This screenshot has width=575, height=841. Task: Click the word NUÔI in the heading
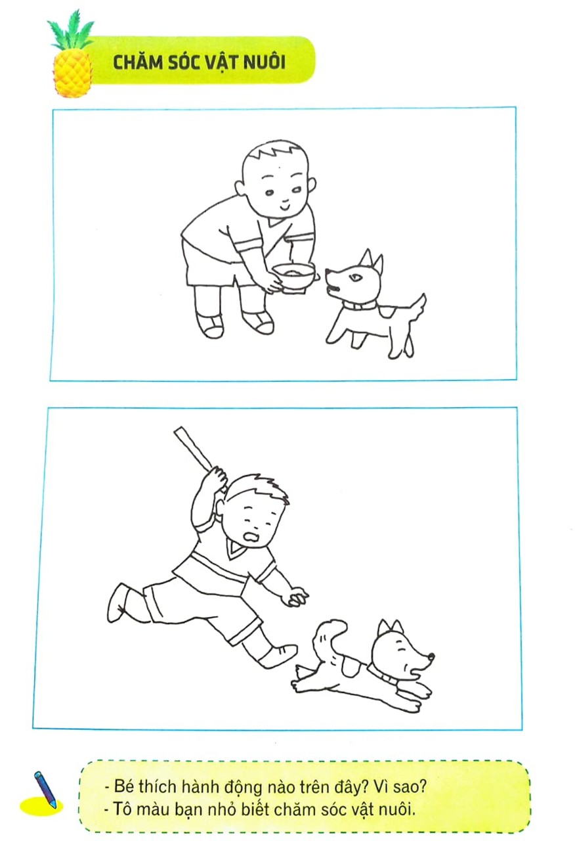tap(264, 62)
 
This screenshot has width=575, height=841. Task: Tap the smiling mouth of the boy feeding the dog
tap(284, 206)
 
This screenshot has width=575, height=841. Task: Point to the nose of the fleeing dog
tap(431, 656)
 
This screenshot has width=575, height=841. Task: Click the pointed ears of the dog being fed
tap(372, 261)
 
